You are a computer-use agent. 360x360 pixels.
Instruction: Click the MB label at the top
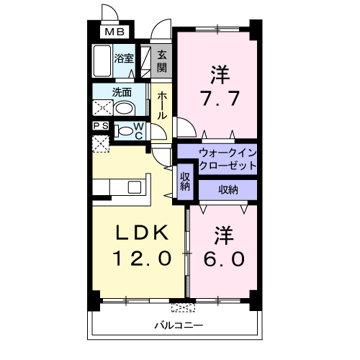pos(114,32)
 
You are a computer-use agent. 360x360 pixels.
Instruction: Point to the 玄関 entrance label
pos(162,61)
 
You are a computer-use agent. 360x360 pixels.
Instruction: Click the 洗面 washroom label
pos(120,92)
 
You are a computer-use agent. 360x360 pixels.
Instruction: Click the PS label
pos(101,125)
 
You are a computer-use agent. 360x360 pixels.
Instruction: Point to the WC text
pos(139,131)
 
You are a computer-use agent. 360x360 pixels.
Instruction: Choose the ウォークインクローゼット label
pos(218,159)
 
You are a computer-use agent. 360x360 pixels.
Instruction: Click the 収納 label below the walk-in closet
pos(228,189)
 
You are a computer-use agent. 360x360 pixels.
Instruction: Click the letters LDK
pos(143,233)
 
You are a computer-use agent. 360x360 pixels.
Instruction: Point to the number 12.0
pos(141,257)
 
